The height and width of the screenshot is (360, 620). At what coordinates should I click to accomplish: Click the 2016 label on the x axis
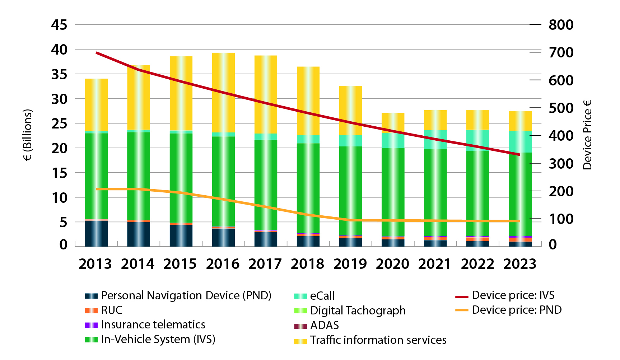click(223, 264)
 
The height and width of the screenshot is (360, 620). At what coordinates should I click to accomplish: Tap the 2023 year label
click(520, 264)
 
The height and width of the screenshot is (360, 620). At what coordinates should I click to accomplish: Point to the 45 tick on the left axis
click(59, 25)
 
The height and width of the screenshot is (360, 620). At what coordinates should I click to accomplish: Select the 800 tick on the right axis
click(561, 25)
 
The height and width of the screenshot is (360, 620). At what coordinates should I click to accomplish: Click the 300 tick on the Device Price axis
click(561, 164)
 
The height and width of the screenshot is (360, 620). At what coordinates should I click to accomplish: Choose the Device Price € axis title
click(587, 135)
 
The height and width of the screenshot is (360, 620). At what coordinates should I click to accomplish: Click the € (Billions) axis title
click(28, 135)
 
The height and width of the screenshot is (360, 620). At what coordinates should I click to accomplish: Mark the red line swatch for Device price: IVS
click(462, 296)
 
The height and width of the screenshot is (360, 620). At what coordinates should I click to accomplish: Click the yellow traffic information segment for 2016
click(223, 92)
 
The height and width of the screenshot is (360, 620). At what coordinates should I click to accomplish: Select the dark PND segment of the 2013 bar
click(96, 233)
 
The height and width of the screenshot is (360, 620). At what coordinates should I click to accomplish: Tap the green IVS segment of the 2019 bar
click(350, 190)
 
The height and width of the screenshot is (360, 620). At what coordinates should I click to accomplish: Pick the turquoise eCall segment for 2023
click(520, 141)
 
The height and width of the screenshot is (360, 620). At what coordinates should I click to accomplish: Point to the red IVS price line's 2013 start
click(97, 53)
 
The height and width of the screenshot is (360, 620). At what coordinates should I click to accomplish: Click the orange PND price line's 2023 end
click(519, 221)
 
